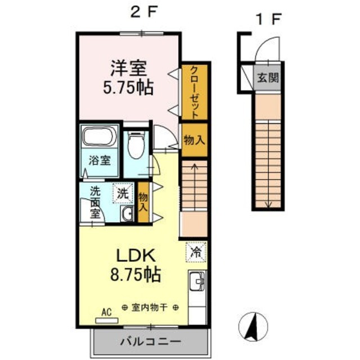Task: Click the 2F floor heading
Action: pos(145,12)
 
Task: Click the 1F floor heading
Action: pos(269,19)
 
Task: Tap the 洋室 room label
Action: pos(129,68)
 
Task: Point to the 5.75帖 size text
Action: pos(128,88)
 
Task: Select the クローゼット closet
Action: pos(195,92)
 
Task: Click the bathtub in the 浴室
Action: pos(99,136)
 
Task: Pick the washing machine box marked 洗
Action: pos(123,193)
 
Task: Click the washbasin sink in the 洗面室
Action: pos(127,213)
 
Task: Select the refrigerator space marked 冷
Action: pos(196,252)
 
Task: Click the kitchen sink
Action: pos(197,281)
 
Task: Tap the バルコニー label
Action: pos(151,342)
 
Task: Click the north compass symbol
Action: pos(253,327)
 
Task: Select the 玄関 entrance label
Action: pos(268,78)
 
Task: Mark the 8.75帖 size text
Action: pos(136,274)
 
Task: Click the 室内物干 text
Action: pos(150,308)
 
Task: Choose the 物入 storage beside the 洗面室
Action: pos(143,202)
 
